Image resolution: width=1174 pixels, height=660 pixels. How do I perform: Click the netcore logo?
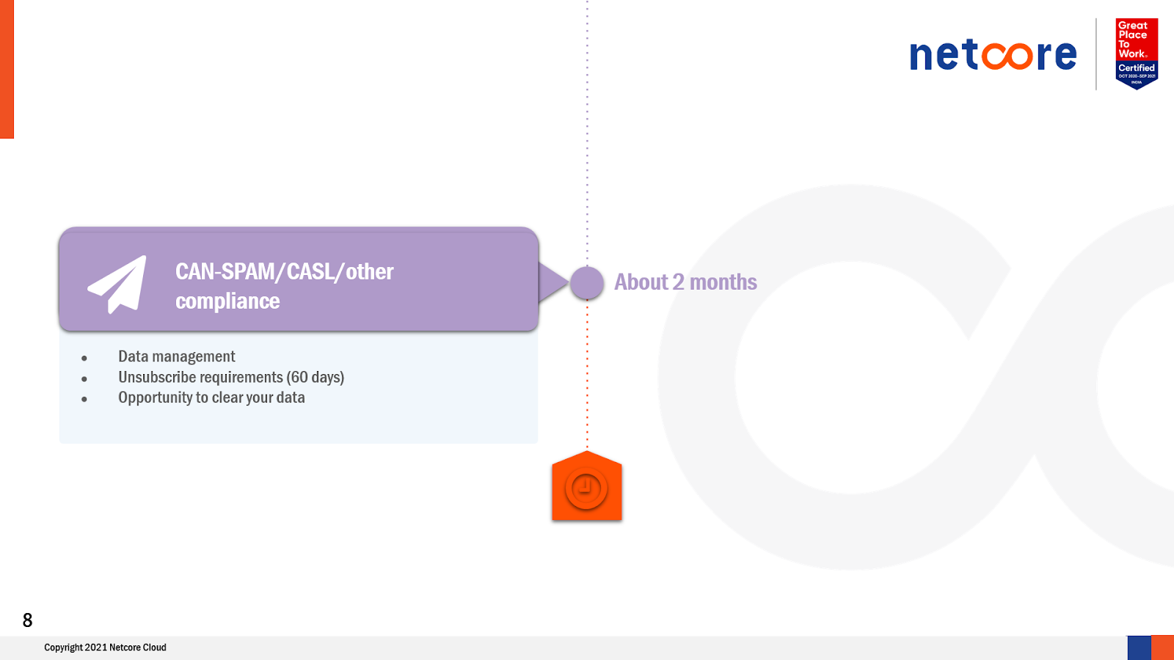pos(993,55)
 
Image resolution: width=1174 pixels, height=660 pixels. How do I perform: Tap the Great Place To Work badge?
pos(1136,53)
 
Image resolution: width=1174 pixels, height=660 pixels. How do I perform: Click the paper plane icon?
pos(118,284)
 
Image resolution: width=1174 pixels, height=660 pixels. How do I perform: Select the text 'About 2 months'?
pos(685,282)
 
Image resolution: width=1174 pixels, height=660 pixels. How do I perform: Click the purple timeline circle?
pos(587,282)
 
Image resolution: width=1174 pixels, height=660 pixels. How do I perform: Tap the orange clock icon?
pos(586,488)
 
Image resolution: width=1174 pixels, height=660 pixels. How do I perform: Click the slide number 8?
pos(28,620)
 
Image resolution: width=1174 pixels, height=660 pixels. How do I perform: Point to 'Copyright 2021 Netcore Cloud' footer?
pos(105,648)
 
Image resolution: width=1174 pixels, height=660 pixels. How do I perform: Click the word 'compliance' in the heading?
pos(227,301)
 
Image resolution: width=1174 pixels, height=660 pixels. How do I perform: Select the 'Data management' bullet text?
pos(176,356)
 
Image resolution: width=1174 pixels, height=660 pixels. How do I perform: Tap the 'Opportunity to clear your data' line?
pos(211,397)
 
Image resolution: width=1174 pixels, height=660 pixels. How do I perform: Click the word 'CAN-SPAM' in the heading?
pos(225,271)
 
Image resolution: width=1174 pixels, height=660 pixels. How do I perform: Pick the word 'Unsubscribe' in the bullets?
pos(156,377)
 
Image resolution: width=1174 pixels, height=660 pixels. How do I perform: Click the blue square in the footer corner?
pos(1139,648)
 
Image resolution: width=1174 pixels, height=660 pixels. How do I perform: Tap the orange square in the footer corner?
pos(1162,648)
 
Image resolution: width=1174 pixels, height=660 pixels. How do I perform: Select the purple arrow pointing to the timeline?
pos(553,282)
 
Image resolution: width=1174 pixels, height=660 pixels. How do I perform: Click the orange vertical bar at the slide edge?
pos(7,69)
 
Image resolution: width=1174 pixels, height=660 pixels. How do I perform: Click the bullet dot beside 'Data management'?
pos(84,359)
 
